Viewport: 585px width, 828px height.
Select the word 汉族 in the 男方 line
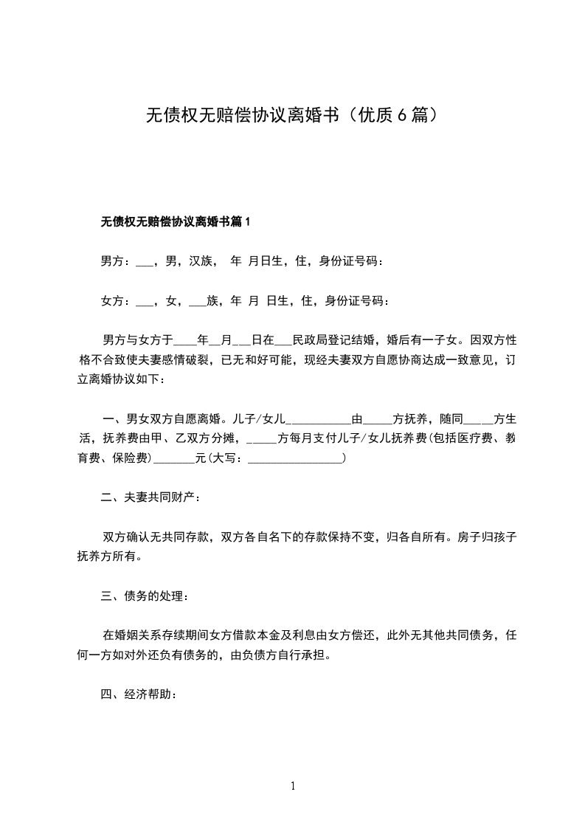click(x=201, y=261)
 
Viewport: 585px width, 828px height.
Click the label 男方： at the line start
click(x=116, y=261)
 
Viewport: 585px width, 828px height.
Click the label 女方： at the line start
click(x=116, y=300)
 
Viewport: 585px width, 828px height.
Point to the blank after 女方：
click(x=145, y=302)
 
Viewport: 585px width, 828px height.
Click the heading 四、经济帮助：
click(x=139, y=694)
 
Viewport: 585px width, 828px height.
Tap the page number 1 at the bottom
click(x=293, y=786)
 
